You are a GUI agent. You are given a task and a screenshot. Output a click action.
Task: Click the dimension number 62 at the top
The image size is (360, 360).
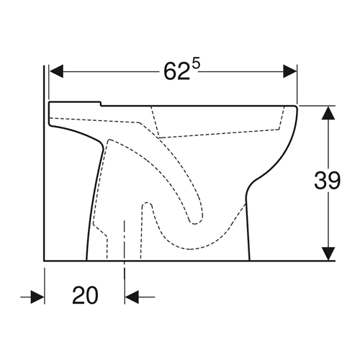176,72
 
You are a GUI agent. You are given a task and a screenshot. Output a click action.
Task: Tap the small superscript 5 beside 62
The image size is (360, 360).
196,65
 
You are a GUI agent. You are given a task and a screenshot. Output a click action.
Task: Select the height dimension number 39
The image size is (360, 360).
327,180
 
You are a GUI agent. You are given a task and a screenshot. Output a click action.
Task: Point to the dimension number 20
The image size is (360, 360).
85,295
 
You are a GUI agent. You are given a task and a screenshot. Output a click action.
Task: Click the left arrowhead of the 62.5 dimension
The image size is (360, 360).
56,71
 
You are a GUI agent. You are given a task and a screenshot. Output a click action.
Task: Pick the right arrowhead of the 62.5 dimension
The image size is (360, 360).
290,71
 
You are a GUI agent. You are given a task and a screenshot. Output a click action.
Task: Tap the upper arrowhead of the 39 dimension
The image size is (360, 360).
328,112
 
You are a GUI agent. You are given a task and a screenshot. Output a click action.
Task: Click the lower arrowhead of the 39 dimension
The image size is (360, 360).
328,253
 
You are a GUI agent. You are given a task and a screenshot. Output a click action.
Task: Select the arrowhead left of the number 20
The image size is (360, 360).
37,297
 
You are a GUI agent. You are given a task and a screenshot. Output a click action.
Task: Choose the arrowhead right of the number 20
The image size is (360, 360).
132,297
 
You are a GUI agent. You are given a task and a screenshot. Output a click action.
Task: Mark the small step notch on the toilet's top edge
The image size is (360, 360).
101,104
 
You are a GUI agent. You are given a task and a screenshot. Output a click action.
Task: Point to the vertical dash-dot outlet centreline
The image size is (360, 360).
125,250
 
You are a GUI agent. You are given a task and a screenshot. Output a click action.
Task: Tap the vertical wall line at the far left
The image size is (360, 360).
44,163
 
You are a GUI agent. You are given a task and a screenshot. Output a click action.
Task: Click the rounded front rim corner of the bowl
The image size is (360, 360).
296,108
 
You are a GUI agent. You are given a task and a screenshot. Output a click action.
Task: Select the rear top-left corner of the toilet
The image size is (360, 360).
50,103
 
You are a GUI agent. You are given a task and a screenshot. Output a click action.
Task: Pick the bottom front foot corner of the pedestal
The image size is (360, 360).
250,260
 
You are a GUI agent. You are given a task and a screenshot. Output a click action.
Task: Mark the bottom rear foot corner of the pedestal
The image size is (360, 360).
86,260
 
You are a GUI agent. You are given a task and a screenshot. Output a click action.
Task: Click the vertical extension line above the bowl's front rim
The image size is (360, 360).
297,84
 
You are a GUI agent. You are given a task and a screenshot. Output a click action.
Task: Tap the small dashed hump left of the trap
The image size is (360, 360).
147,204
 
